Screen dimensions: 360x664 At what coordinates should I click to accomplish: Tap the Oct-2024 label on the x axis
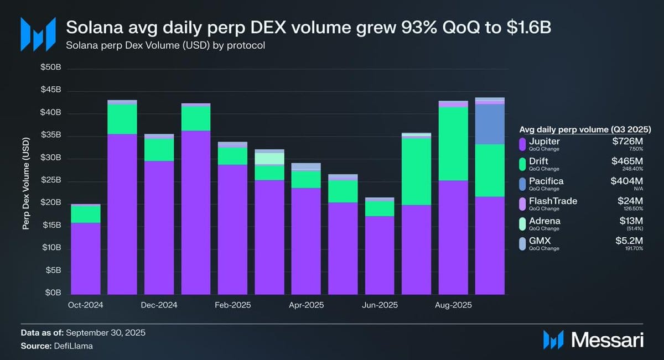coord(85,305)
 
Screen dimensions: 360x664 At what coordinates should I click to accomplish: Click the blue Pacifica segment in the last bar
coord(490,124)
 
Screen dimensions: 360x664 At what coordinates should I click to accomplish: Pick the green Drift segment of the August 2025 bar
coord(453,144)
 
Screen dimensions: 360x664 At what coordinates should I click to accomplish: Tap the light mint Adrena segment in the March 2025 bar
coord(269,158)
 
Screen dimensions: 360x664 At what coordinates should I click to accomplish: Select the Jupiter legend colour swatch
coord(522,144)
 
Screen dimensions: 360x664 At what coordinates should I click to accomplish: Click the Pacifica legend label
coord(546,181)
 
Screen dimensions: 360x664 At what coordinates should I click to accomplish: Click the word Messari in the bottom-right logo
coord(607,340)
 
